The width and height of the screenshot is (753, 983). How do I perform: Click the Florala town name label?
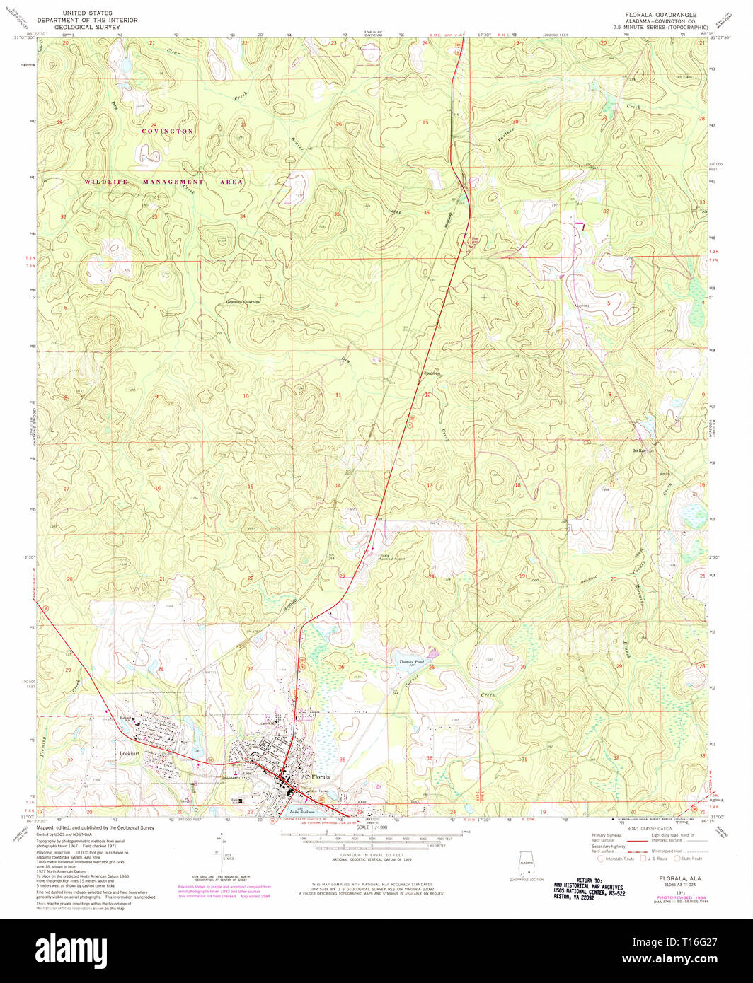(320, 776)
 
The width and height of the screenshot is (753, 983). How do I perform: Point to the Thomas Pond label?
(408, 661)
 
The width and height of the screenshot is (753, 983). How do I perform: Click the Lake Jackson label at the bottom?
(302, 812)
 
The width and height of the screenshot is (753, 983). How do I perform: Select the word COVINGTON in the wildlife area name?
(166, 132)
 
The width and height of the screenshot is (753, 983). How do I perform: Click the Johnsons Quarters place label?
(243, 302)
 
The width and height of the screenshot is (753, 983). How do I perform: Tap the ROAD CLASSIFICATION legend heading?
(651, 827)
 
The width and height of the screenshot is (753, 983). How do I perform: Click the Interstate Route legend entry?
(616, 859)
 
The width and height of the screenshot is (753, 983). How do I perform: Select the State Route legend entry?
(690, 859)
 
